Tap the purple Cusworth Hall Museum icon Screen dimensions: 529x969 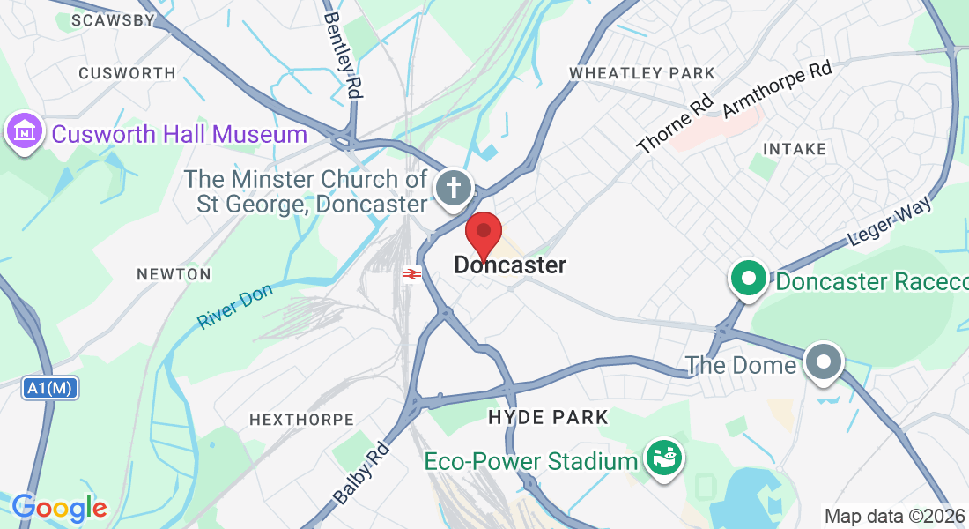click(25, 133)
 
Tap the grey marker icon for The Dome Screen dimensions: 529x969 click(825, 362)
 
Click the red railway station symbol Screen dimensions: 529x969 click(411, 274)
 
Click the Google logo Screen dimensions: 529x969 click(59, 508)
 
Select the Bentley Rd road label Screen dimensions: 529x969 click(344, 54)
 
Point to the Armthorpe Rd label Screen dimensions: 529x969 click(778, 89)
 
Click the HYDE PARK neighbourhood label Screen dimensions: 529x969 click(548, 417)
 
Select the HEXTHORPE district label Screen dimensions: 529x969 click(301, 420)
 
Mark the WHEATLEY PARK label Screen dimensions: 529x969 click(642, 72)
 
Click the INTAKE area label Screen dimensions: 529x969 click(795, 149)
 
